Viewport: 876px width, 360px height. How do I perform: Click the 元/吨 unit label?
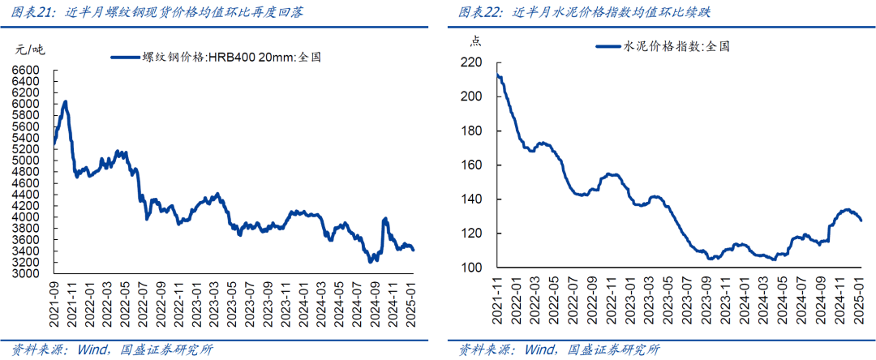pyautogui.click(x=30, y=49)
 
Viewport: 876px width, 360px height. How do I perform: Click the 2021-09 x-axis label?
pyautogui.click(x=54, y=302)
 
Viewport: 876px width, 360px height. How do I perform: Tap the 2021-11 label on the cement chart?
pyautogui.click(x=497, y=302)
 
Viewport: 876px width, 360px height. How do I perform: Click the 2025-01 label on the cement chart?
pyautogui.click(x=858, y=302)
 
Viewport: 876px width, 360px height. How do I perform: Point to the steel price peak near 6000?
pyautogui.click(x=65, y=101)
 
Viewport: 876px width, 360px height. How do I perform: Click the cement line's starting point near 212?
pyautogui.click(x=497, y=76)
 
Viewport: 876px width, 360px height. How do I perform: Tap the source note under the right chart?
pyautogui.click(x=559, y=350)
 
